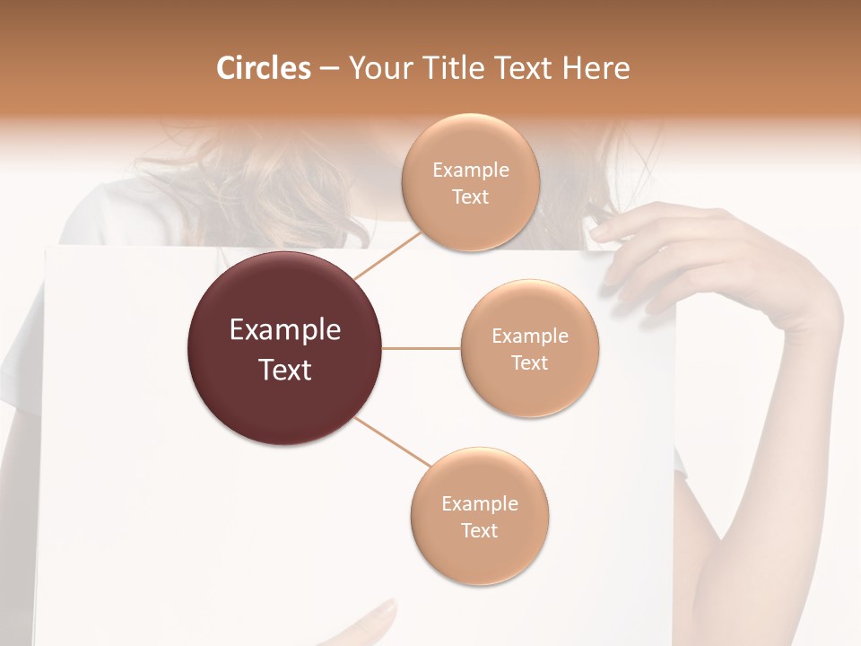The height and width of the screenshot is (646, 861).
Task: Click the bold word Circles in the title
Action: (x=263, y=68)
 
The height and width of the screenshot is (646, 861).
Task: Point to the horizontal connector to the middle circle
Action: (x=422, y=348)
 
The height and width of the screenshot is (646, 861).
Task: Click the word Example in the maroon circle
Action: (x=285, y=330)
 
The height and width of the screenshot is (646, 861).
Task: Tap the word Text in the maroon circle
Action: (x=285, y=370)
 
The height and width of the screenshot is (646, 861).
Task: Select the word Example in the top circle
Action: (x=471, y=170)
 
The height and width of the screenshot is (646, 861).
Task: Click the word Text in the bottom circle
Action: (x=479, y=530)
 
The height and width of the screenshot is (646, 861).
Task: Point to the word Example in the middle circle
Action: (x=530, y=336)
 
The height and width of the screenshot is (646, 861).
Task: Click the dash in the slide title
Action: (x=329, y=68)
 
